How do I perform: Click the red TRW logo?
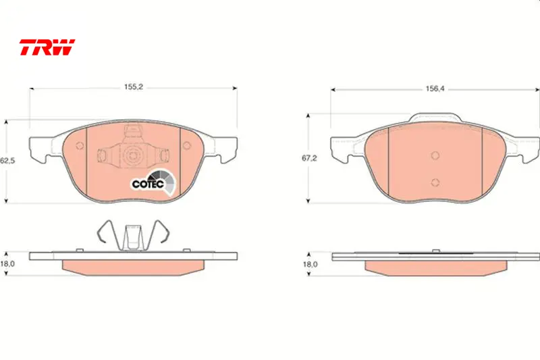(47, 47)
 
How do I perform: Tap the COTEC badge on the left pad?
(153, 182)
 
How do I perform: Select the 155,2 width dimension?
(134, 87)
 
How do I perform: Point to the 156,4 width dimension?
(435, 88)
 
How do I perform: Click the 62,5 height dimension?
(7, 161)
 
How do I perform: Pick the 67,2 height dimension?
(309, 158)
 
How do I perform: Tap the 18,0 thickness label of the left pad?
(7, 264)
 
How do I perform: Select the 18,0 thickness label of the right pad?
(310, 264)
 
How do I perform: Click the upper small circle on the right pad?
(435, 155)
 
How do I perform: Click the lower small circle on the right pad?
(435, 182)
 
